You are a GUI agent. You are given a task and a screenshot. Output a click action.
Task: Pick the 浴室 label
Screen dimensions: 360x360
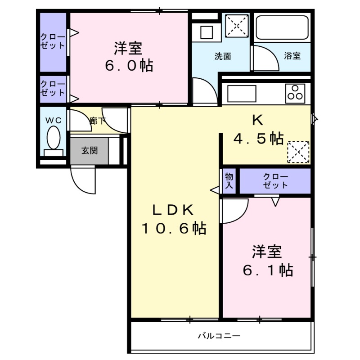click(x=292, y=56)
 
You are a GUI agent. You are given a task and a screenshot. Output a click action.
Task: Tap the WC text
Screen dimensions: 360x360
click(x=54, y=121)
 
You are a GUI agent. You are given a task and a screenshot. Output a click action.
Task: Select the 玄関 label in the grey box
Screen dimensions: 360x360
click(x=89, y=150)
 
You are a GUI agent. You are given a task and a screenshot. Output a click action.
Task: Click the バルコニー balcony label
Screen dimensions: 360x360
click(x=219, y=336)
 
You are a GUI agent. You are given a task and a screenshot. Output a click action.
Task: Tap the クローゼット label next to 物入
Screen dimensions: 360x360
click(x=275, y=180)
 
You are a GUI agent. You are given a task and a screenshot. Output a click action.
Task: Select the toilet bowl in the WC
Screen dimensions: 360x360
click(x=54, y=137)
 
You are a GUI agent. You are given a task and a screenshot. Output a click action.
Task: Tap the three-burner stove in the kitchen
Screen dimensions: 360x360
click(x=295, y=93)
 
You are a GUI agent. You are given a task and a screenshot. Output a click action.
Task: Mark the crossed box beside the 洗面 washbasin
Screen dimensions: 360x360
click(x=237, y=27)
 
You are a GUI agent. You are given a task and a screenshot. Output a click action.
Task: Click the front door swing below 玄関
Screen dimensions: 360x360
click(x=83, y=180)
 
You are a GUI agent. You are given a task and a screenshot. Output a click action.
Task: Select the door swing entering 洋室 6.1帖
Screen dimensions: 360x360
click(x=234, y=210)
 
